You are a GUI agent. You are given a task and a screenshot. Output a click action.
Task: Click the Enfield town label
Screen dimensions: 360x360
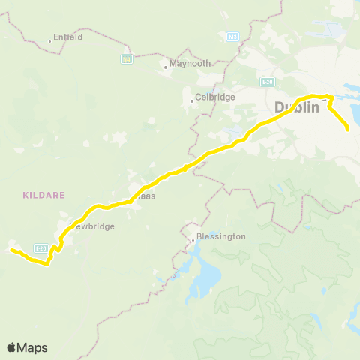pos(67,37)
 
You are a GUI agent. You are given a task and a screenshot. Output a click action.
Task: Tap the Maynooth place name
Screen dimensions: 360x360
pos(190,64)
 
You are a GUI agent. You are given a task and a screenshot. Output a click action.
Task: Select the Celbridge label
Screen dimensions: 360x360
pos(216,97)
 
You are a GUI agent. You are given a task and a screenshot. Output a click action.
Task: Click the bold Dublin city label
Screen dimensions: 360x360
pos(297,107)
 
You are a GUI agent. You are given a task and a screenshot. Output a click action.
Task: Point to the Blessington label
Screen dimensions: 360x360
pos(221,236)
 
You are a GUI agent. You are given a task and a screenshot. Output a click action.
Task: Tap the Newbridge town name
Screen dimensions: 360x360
pos(92,226)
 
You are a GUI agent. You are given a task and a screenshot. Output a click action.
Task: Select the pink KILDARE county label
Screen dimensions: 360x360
pos(43,194)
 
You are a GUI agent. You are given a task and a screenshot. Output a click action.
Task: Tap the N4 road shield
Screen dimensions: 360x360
pos(127,58)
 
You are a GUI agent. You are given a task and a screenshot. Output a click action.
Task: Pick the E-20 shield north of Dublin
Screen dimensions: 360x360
pos(268,81)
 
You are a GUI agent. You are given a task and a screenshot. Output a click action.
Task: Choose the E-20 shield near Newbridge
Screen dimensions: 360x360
pos(40,247)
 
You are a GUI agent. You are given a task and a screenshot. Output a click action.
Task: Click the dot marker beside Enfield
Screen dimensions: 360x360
pos(50,40)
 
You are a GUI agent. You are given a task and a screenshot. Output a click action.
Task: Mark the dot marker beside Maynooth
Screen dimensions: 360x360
pos(166,67)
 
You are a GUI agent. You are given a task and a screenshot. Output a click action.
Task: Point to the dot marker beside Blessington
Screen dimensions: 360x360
pos(194,240)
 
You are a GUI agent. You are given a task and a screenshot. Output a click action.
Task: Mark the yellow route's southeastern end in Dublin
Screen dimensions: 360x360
pos(348,130)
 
